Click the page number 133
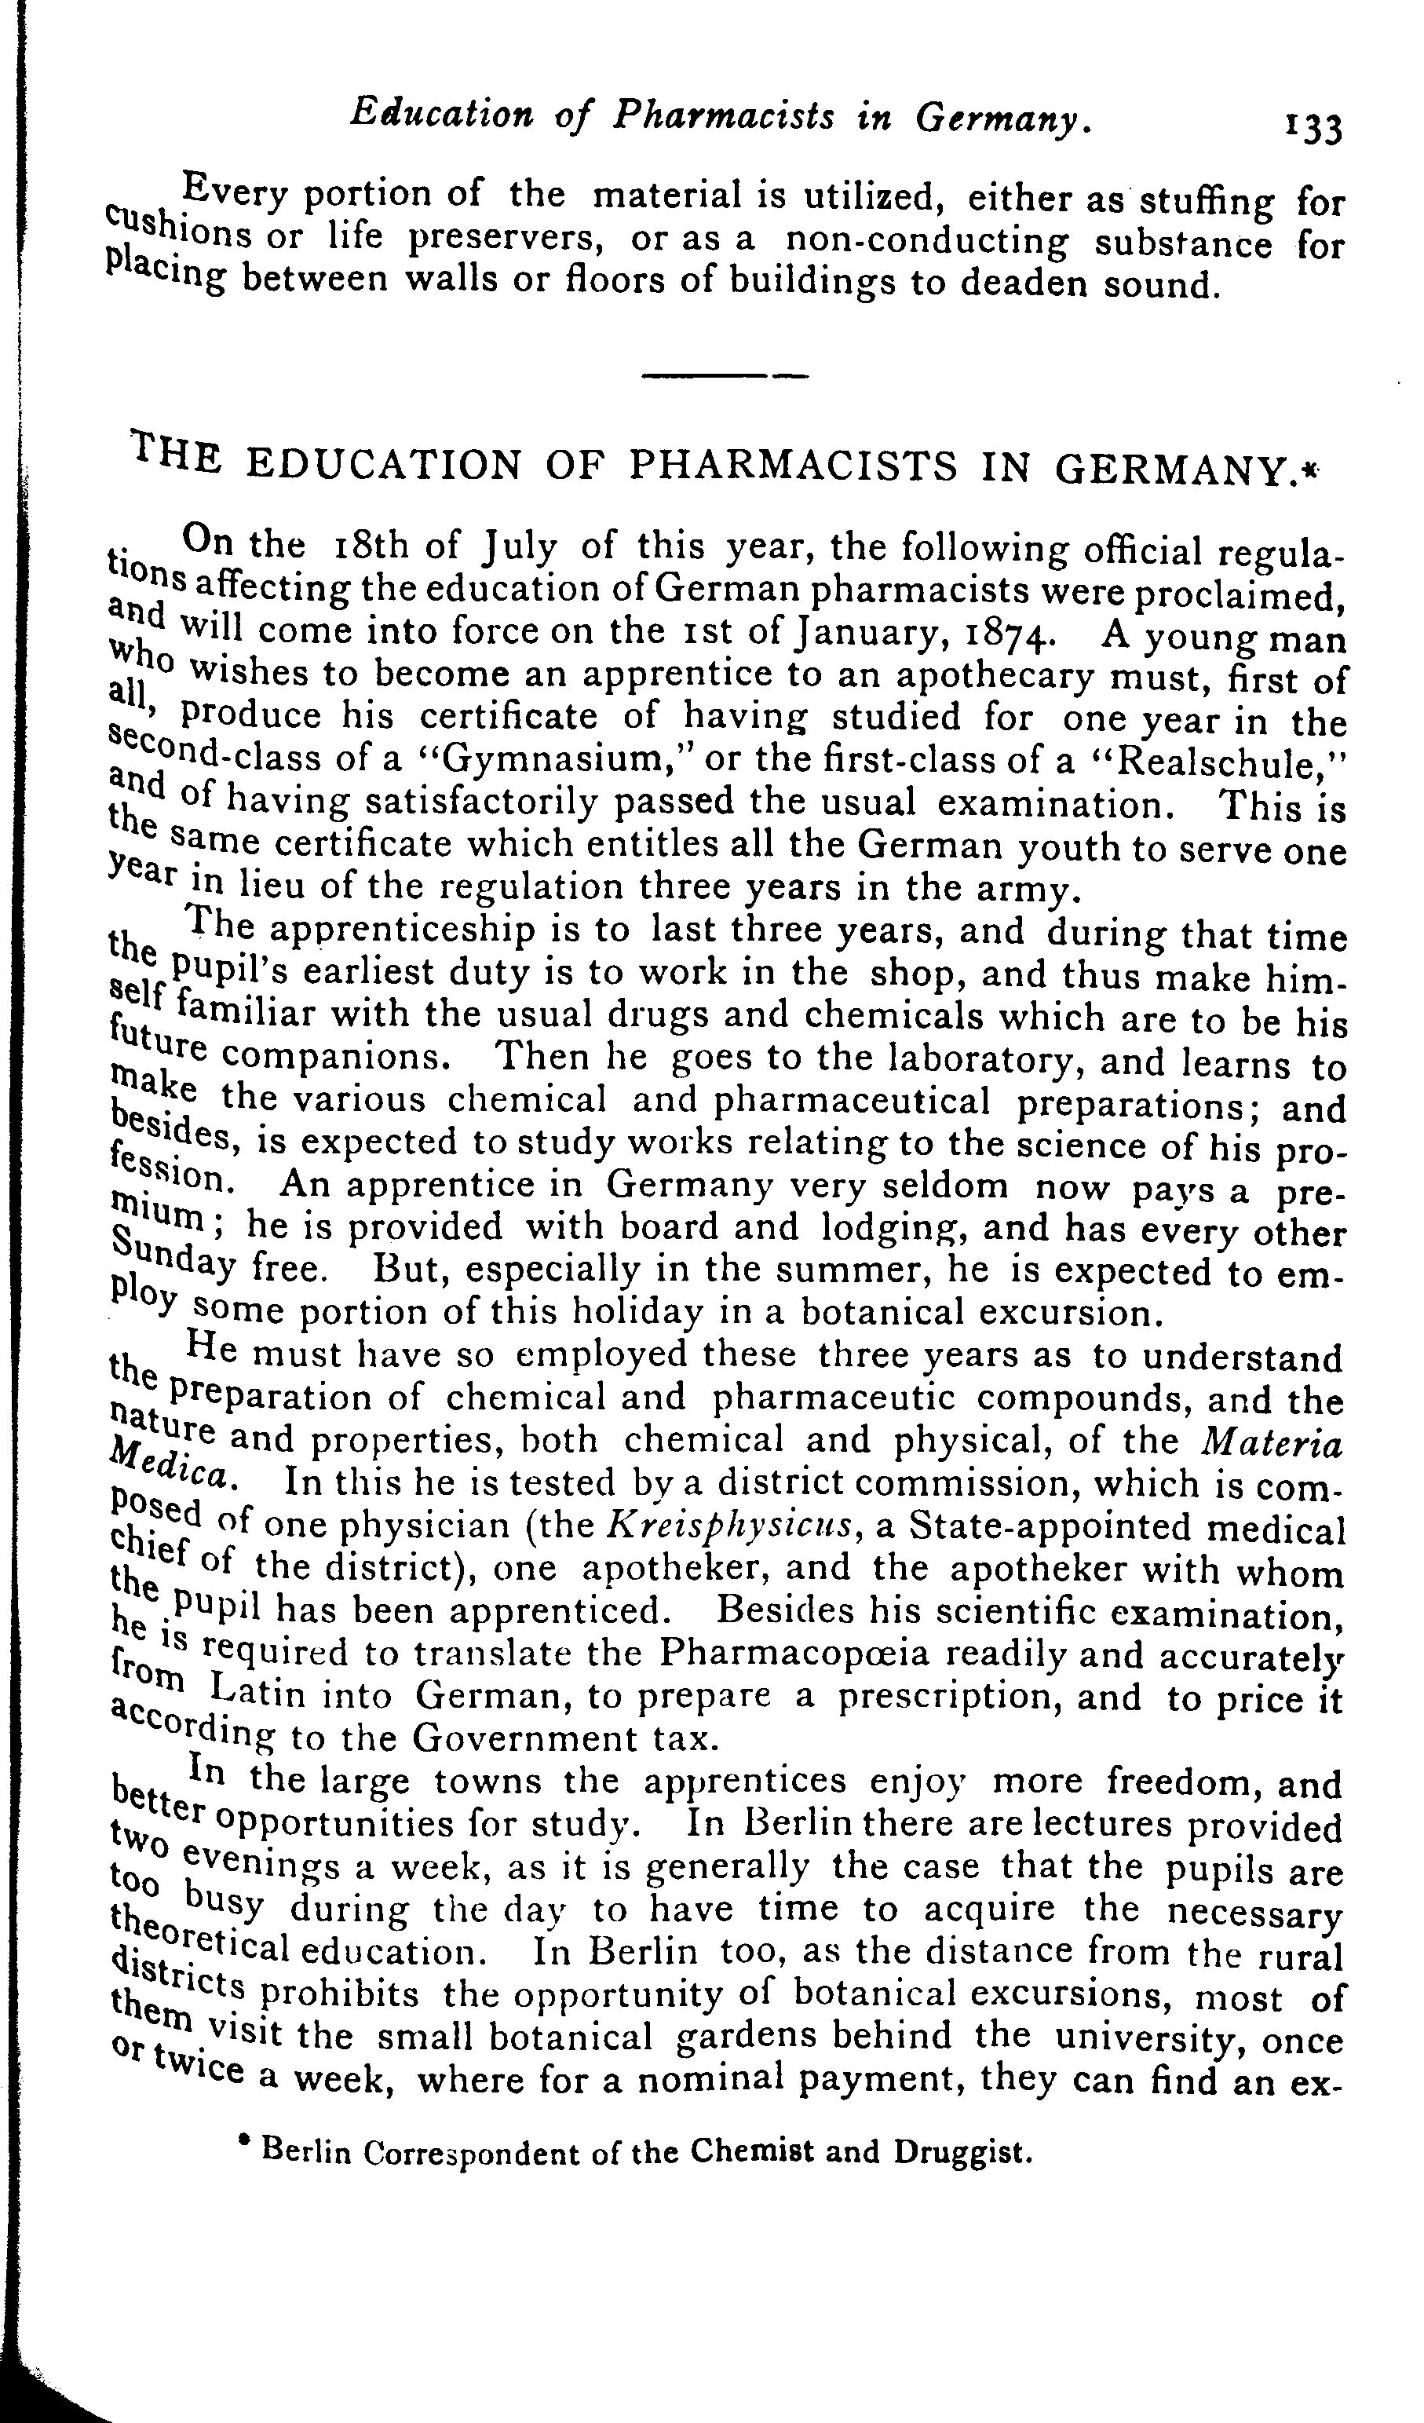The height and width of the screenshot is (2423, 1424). click(1313, 129)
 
